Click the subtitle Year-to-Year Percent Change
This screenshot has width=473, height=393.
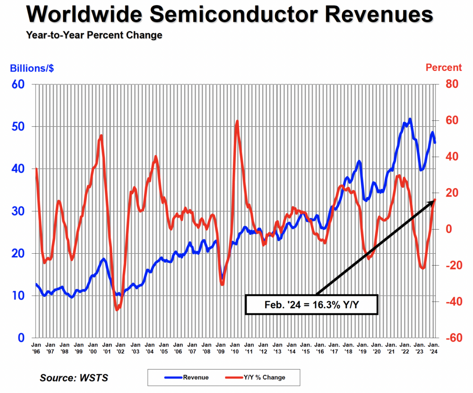[x=94, y=35]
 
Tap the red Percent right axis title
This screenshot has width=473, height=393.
[x=443, y=68]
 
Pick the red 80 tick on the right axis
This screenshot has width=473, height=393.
[x=450, y=84]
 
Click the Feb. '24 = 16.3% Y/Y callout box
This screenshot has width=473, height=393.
[x=312, y=305]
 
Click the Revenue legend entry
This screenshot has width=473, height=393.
[x=187, y=377]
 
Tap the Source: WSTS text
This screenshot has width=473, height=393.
[x=73, y=378]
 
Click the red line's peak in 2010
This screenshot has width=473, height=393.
[x=237, y=121]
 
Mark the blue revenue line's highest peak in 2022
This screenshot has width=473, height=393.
[x=410, y=119]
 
